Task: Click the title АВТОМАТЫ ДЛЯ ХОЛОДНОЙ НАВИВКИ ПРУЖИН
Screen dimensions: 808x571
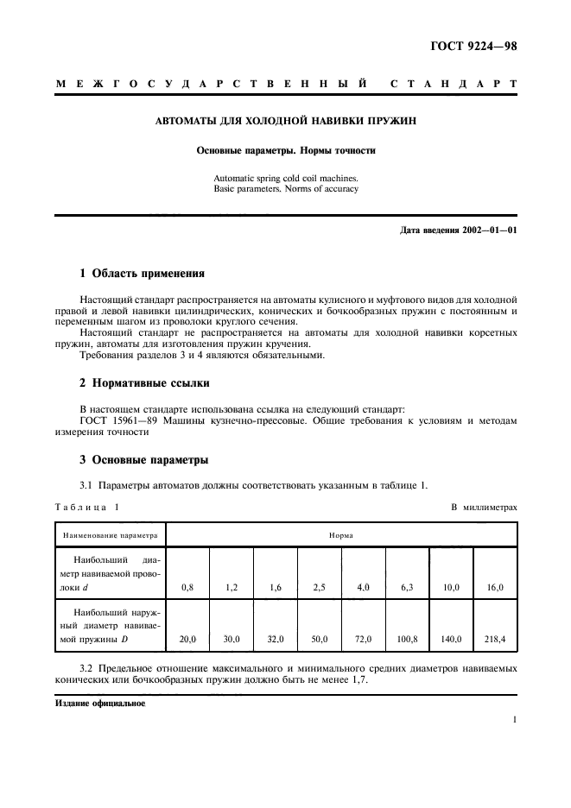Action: coord(285,122)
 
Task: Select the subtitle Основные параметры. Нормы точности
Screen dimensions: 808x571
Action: coord(285,150)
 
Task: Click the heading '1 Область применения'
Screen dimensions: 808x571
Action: coord(142,274)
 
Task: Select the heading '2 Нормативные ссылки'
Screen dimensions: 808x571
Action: coord(143,382)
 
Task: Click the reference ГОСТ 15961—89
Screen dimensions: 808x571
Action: coord(113,420)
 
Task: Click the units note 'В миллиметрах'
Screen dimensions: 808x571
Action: coord(484,507)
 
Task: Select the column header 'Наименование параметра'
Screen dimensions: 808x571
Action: coord(110,535)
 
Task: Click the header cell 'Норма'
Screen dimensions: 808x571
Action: coord(340,535)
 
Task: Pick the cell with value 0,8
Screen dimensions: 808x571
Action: coord(187,587)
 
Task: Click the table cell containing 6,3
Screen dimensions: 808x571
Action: coord(407,587)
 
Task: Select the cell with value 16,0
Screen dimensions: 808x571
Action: coord(495,587)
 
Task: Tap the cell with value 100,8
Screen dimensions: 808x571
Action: coord(407,640)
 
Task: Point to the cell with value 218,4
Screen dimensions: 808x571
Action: coord(495,640)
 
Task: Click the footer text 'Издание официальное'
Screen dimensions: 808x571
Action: coord(99,704)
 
